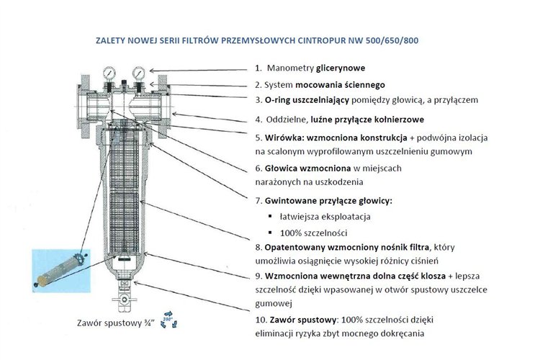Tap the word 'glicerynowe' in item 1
(341, 68)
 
